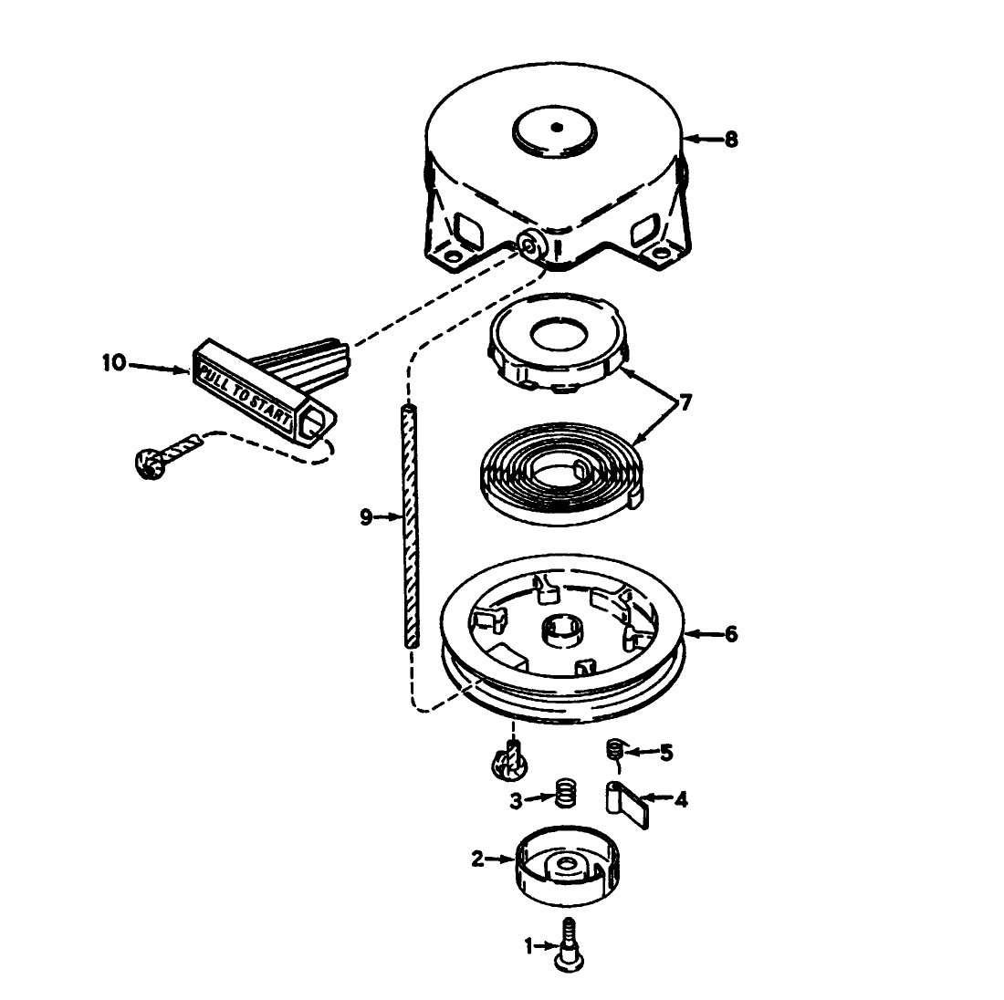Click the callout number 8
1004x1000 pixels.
pos(730,140)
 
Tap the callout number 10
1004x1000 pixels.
pos(113,363)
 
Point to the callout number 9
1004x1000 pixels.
pos(366,517)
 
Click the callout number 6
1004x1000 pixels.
pos(730,633)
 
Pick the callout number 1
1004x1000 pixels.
pos(527,946)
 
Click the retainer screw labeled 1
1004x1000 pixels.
pos(570,943)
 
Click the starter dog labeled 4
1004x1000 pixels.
pos(629,804)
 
